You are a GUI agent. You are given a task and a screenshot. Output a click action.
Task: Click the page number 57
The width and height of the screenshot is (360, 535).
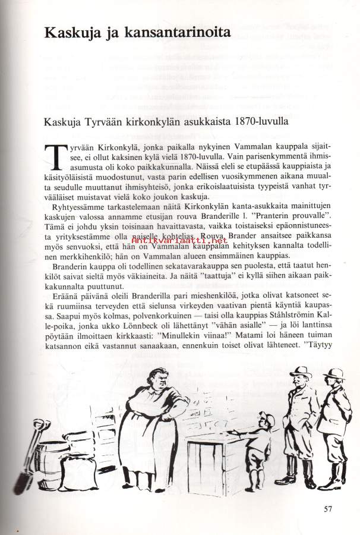[330, 509]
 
